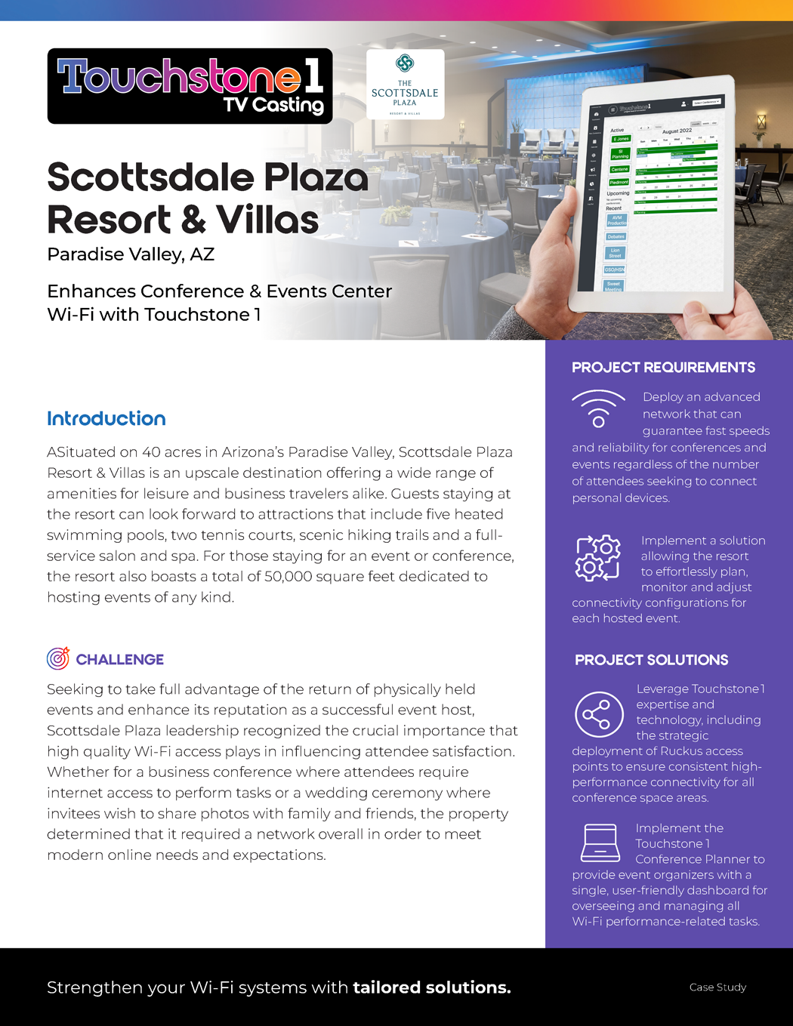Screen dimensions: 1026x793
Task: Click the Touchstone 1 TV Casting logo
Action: (x=190, y=86)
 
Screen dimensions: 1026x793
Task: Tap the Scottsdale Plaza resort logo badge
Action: (x=405, y=85)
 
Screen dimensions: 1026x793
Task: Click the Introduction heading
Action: (x=106, y=419)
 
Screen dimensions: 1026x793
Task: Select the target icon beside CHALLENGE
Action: (x=58, y=658)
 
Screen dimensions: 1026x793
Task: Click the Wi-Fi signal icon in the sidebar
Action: (x=598, y=408)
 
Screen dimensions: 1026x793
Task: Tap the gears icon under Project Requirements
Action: (x=598, y=558)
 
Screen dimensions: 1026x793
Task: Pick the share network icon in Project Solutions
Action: (x=598, y=714)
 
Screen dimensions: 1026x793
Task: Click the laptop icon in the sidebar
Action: (x=600, y=843)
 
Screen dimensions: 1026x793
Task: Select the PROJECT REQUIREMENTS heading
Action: (x=663, y=368)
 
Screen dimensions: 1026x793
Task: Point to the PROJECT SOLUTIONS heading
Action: (x=651, y=660)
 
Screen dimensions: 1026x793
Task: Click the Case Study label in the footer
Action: (x=717, y=987)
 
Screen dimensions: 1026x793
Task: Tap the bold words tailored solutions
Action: (x=431, y=987)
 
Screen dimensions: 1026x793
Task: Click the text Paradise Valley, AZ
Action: (x=131, y=254)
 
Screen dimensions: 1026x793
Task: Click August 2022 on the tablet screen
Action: (x=677, y=131)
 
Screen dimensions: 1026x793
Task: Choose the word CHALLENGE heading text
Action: (x=119, y=659)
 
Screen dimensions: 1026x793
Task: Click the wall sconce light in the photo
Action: (x=761, y=122)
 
